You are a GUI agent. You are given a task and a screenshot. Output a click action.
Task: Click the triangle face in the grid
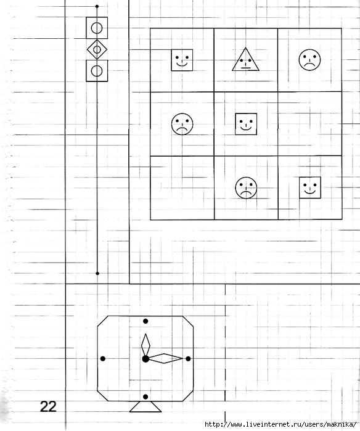tap(245, 60)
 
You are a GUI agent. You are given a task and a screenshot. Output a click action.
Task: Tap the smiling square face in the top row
tap(182, 60)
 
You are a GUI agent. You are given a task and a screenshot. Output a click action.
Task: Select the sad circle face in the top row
tap(309, 60)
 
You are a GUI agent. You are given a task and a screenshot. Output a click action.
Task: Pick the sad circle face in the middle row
tap(182, 124)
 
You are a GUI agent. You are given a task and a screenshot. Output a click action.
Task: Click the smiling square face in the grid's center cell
tap(246, 124)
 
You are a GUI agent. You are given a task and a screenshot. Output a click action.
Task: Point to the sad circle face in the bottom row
tap(246, 187)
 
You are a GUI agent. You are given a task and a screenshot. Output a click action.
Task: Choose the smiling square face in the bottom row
tap(310, 187)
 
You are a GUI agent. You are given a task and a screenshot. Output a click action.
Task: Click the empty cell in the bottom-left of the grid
tap(182, 188)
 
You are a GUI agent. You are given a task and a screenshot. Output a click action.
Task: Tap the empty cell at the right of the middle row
tap(310, 124)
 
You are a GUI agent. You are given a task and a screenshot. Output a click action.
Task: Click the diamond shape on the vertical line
tap(97, 49)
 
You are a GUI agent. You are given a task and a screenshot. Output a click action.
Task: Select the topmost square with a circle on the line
tap(97, 28)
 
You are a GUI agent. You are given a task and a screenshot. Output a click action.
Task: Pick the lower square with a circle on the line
tap(97, 71)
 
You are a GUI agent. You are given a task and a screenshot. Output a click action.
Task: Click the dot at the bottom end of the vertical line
tap(97, 274)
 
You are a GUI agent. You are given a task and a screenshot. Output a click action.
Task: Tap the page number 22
tap(48, 406)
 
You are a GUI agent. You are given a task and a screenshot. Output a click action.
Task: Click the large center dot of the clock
tap(145, 359)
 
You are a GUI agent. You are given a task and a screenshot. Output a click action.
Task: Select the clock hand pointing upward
tap(145, 345)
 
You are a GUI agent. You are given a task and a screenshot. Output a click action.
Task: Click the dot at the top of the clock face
tap(145, 321)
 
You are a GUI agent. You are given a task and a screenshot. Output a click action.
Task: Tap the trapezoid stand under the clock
tap(145, 406)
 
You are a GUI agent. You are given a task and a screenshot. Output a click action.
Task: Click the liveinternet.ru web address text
tap(280, 424)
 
